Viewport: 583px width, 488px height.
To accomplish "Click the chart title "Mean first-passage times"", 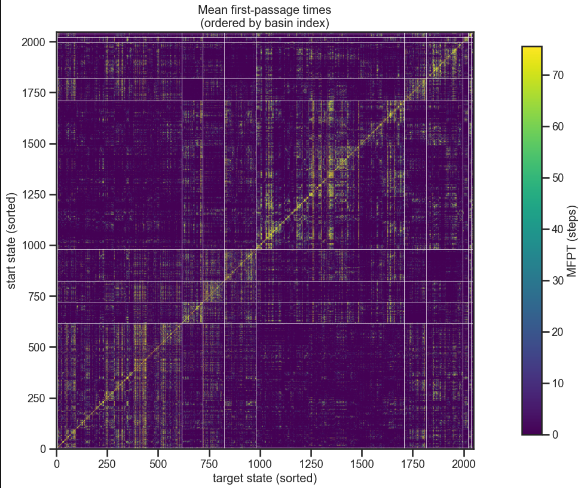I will pyautogui.click(x=264, y=10).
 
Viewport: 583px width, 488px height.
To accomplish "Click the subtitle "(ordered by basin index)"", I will pyautogui.click(x=264, y=23).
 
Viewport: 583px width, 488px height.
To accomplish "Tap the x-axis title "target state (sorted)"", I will pyautogui.click(x=265, y=478).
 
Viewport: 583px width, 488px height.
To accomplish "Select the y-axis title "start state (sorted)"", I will pyautogui.click(x=11, y=241).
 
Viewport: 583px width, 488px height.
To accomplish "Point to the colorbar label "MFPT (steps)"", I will pyautogui.click(x=572, y=241).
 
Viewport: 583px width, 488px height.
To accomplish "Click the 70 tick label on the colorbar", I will pyautogui.click(x=558, y=75).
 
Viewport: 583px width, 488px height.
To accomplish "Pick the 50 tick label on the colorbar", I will pyautogui.click(x=558, y=178).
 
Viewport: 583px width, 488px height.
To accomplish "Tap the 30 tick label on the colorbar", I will pyautogui.click(x=558, y=281).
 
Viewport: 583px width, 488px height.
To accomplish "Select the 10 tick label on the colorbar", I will pyautogui.click(x=558, y=383).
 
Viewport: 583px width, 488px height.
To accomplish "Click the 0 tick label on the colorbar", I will pyautogui.click(x=555, y=434).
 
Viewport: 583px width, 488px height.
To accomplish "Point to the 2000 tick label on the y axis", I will pyautogui.click(x=34, y=42).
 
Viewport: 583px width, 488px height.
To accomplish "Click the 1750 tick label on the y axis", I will pyautogui.click(x=34, y=93).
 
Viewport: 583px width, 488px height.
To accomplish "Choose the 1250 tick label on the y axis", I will pyautogui.click(x=34, y=195).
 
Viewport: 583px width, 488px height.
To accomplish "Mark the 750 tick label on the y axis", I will pyautogui.click(x=37, y=296).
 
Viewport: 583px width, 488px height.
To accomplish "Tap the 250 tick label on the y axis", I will pyautogui.click(x=37, y=398).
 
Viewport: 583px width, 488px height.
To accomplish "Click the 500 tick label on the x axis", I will pyautogui.click(x=158, y=464).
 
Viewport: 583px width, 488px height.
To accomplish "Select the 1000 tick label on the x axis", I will pyautogui.click(x=260, y=464).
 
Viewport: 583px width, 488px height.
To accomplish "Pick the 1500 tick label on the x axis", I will pyautogui.click(x=361, y=464).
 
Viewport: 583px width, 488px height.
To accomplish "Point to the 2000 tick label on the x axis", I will pyautogui.click(x=463, y=464).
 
